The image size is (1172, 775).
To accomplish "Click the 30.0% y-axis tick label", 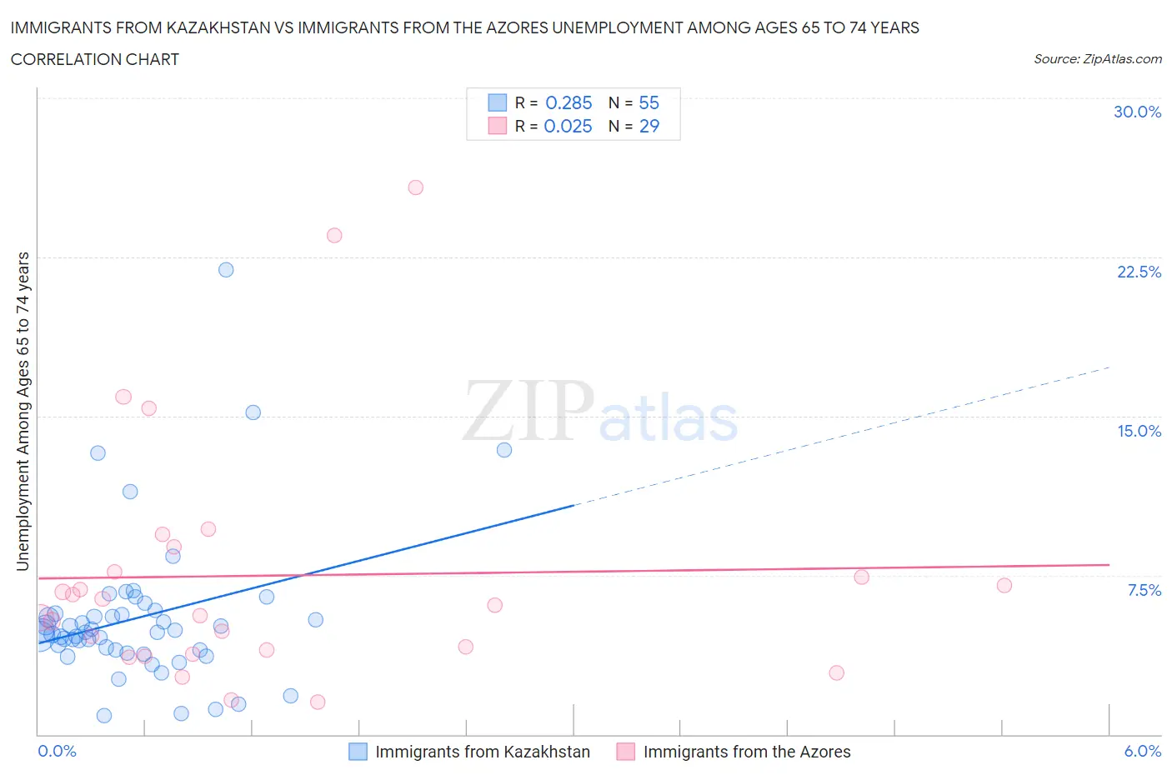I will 1137,112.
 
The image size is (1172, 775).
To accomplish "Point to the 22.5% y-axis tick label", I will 1139,272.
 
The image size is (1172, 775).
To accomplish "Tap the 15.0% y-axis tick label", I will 1139,431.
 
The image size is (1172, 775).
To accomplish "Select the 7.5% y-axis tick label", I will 1144,590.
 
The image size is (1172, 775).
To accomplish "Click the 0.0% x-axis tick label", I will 57,751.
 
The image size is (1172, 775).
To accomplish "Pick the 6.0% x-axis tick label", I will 1142,751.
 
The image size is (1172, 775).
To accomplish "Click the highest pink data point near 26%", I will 416,187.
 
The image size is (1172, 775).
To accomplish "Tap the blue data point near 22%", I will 226,270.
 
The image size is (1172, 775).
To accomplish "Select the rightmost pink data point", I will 1004,586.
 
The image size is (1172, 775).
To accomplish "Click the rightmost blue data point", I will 504,450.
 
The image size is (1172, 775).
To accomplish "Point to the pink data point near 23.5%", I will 334,236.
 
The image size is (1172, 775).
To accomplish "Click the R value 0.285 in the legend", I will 568,102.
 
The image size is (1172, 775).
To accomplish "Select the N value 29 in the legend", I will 649,126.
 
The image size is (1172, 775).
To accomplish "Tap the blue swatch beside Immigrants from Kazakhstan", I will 358,752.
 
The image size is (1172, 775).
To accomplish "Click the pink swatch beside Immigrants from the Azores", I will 626,752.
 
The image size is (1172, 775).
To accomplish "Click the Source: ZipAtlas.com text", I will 1097,59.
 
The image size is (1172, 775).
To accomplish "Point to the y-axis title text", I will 23,412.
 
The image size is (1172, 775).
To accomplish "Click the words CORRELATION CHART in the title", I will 95,59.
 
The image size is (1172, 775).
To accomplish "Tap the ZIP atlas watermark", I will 600,412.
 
